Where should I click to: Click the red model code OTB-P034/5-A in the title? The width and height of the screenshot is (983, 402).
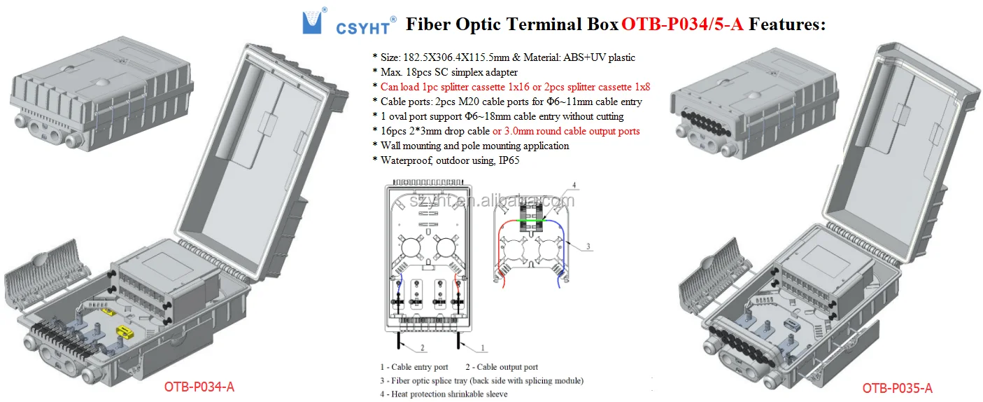pos(683,25)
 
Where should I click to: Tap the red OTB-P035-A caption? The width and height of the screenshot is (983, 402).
pos(897,388)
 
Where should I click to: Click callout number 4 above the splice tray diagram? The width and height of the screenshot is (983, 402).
pos(574,186)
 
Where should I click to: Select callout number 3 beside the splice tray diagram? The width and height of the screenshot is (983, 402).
pos(588,247)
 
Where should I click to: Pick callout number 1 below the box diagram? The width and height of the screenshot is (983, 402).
pos(483,348)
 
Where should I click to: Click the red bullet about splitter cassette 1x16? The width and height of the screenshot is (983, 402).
pos(515,87)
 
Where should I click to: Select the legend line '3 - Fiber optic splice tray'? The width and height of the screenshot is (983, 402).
pos(481,380)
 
